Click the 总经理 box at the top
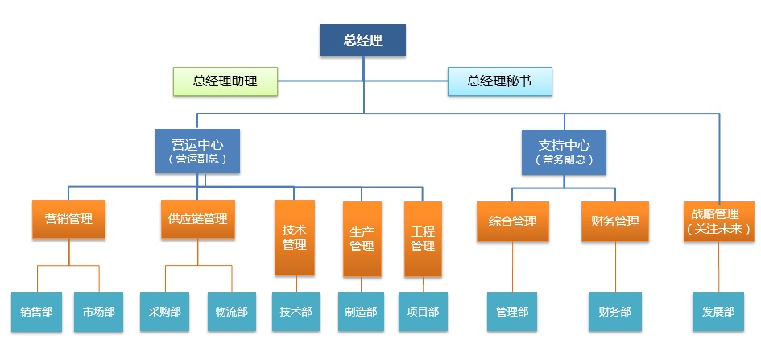click(x=362, y=40)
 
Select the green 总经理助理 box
click(x=225, y=81)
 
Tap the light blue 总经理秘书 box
click(x=499, y=81)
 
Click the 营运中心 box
click(x=197, y=151)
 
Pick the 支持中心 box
click(x=564, y=151)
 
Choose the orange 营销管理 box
click(x=69, y=219)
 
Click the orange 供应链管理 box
click(x=198, y=219)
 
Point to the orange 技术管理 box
click(x=294, y=238)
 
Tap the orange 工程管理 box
click(x=423, y=238)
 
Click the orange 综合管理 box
click(x=513, y=221)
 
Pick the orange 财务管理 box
click(x=615, y=221)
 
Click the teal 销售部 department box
click(x=36, y=312)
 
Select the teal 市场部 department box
click(x=99, y=312)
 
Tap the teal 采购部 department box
click(x=164, y=312)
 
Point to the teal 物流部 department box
click(x=232, y=312)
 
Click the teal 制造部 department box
click(x=361, y=312)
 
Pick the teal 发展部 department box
click(x=718, y=312)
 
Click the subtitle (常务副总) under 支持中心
click(x=564, y=160)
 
